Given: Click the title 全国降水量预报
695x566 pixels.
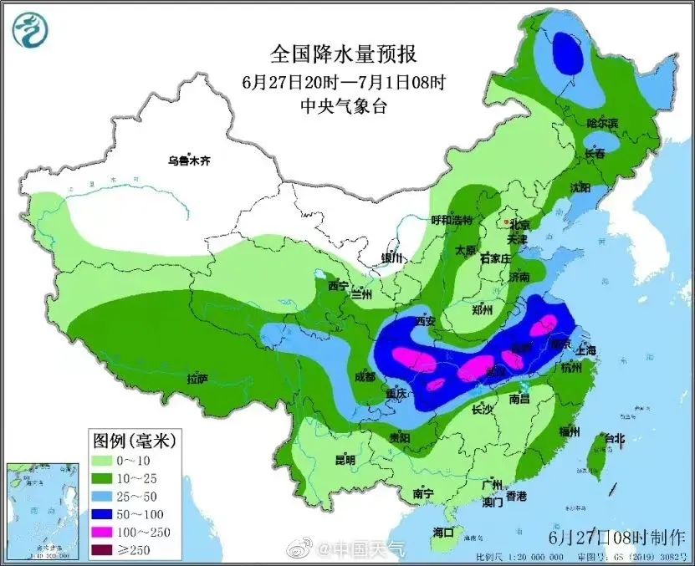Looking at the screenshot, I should click(343, 54).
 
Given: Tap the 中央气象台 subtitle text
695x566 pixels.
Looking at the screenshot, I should click(343, 105).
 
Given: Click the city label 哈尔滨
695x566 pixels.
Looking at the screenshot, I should click(601, 123).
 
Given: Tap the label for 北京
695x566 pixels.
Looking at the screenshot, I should click(519, 224).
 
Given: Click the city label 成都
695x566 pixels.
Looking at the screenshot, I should click(365, 376).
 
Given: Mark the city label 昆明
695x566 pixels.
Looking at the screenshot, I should click(345, 460).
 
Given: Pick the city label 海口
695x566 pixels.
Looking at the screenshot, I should click(443, 532).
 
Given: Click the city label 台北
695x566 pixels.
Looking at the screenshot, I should click(614, 438).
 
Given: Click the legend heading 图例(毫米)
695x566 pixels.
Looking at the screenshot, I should click(128, 438).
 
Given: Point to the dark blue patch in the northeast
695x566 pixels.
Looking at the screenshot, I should click(569, 52).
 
